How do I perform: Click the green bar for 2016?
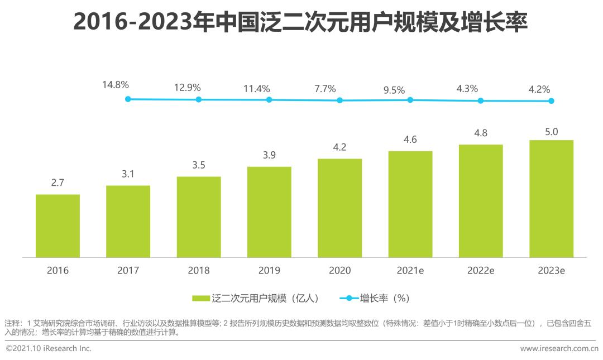click(x=58, y=226)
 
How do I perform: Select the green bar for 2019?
click(x=269, y=212)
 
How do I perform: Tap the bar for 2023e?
click(x=551, y=199)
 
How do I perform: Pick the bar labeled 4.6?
click(x=410, y=204)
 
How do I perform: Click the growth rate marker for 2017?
click(x=128, y=99)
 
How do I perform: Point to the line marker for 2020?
click(x=339, y=100)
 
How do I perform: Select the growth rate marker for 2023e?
click(x=551, y=101)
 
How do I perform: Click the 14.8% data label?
click(x=116, y=85)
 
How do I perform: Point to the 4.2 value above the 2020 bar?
click(x=339, y=147)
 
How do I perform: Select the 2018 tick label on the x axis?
click(x=199, y=271)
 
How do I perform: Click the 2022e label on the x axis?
click(x=481, y=271)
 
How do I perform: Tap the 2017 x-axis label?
click(x=128, y=271)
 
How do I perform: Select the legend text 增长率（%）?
click(x=385, y=299)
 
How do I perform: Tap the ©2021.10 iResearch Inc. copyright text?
click(x=48, y=348)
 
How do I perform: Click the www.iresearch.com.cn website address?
click(x=559, y=348)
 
